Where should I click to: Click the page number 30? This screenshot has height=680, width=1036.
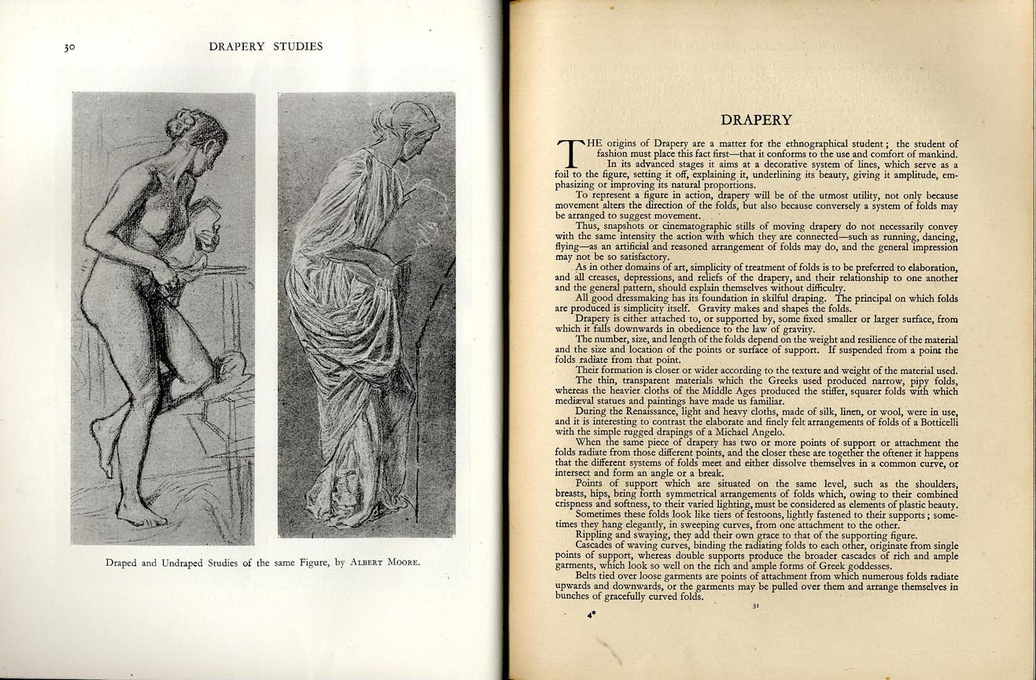69,47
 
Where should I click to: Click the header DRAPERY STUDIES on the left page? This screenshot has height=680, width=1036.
266,46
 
